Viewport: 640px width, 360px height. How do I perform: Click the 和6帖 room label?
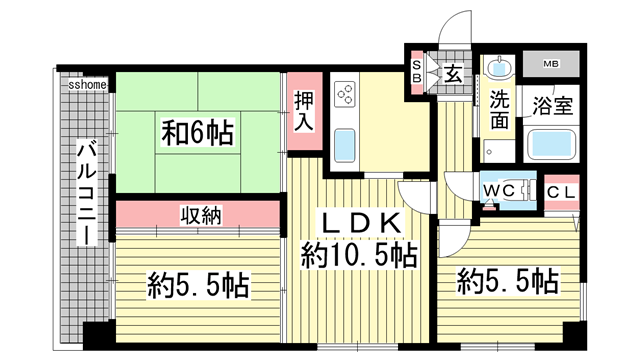pos(198,133)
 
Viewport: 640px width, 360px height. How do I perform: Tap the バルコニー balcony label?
pos(87,192)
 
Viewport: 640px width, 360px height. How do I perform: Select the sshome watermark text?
pos(88,85)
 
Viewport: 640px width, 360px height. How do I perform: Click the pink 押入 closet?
pos(304,111)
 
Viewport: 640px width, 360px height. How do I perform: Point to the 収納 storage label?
pos(201,215)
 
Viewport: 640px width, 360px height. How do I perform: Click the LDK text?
pos(360,223)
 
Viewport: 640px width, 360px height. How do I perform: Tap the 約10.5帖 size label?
pos(359,255)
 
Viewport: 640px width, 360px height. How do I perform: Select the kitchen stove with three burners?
pos(345,94)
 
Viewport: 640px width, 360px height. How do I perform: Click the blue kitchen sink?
pos(345,146)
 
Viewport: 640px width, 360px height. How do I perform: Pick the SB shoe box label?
pos(416,72)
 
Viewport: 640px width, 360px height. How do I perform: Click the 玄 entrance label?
pos(452,74)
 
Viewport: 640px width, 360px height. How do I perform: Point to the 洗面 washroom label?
pos(500,109)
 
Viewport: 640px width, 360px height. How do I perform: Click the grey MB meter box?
pos(551,64)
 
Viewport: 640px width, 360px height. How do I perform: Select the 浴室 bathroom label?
pos(553,105)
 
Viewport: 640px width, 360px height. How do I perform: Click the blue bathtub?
pos(551,144)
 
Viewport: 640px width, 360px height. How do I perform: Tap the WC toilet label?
pos(498,190)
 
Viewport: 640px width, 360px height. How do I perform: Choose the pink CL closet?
pos(562,193)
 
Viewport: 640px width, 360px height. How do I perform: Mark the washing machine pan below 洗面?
pos(499,152)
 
